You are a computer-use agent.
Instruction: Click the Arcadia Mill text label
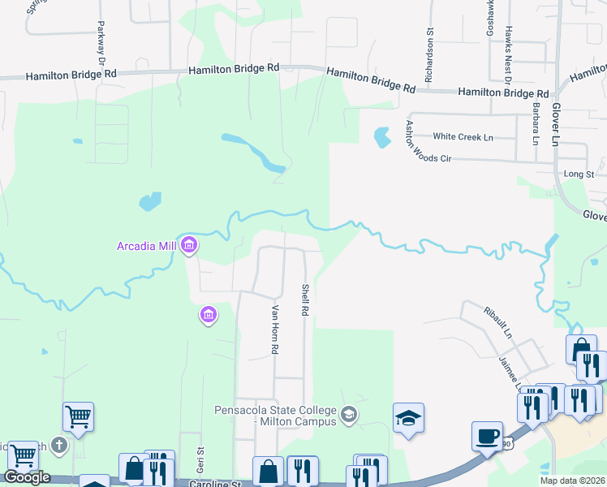147,244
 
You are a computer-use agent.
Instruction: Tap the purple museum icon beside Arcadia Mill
189,244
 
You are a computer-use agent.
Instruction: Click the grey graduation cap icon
349,415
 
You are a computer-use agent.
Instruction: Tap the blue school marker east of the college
409,419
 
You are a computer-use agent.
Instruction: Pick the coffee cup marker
487,436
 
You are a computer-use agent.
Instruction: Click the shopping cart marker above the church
79,417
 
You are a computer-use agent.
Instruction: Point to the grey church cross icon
58,445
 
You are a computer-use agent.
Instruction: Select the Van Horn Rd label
275,329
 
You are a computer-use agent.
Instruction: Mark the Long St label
579,174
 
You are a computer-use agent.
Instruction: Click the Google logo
27,477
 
